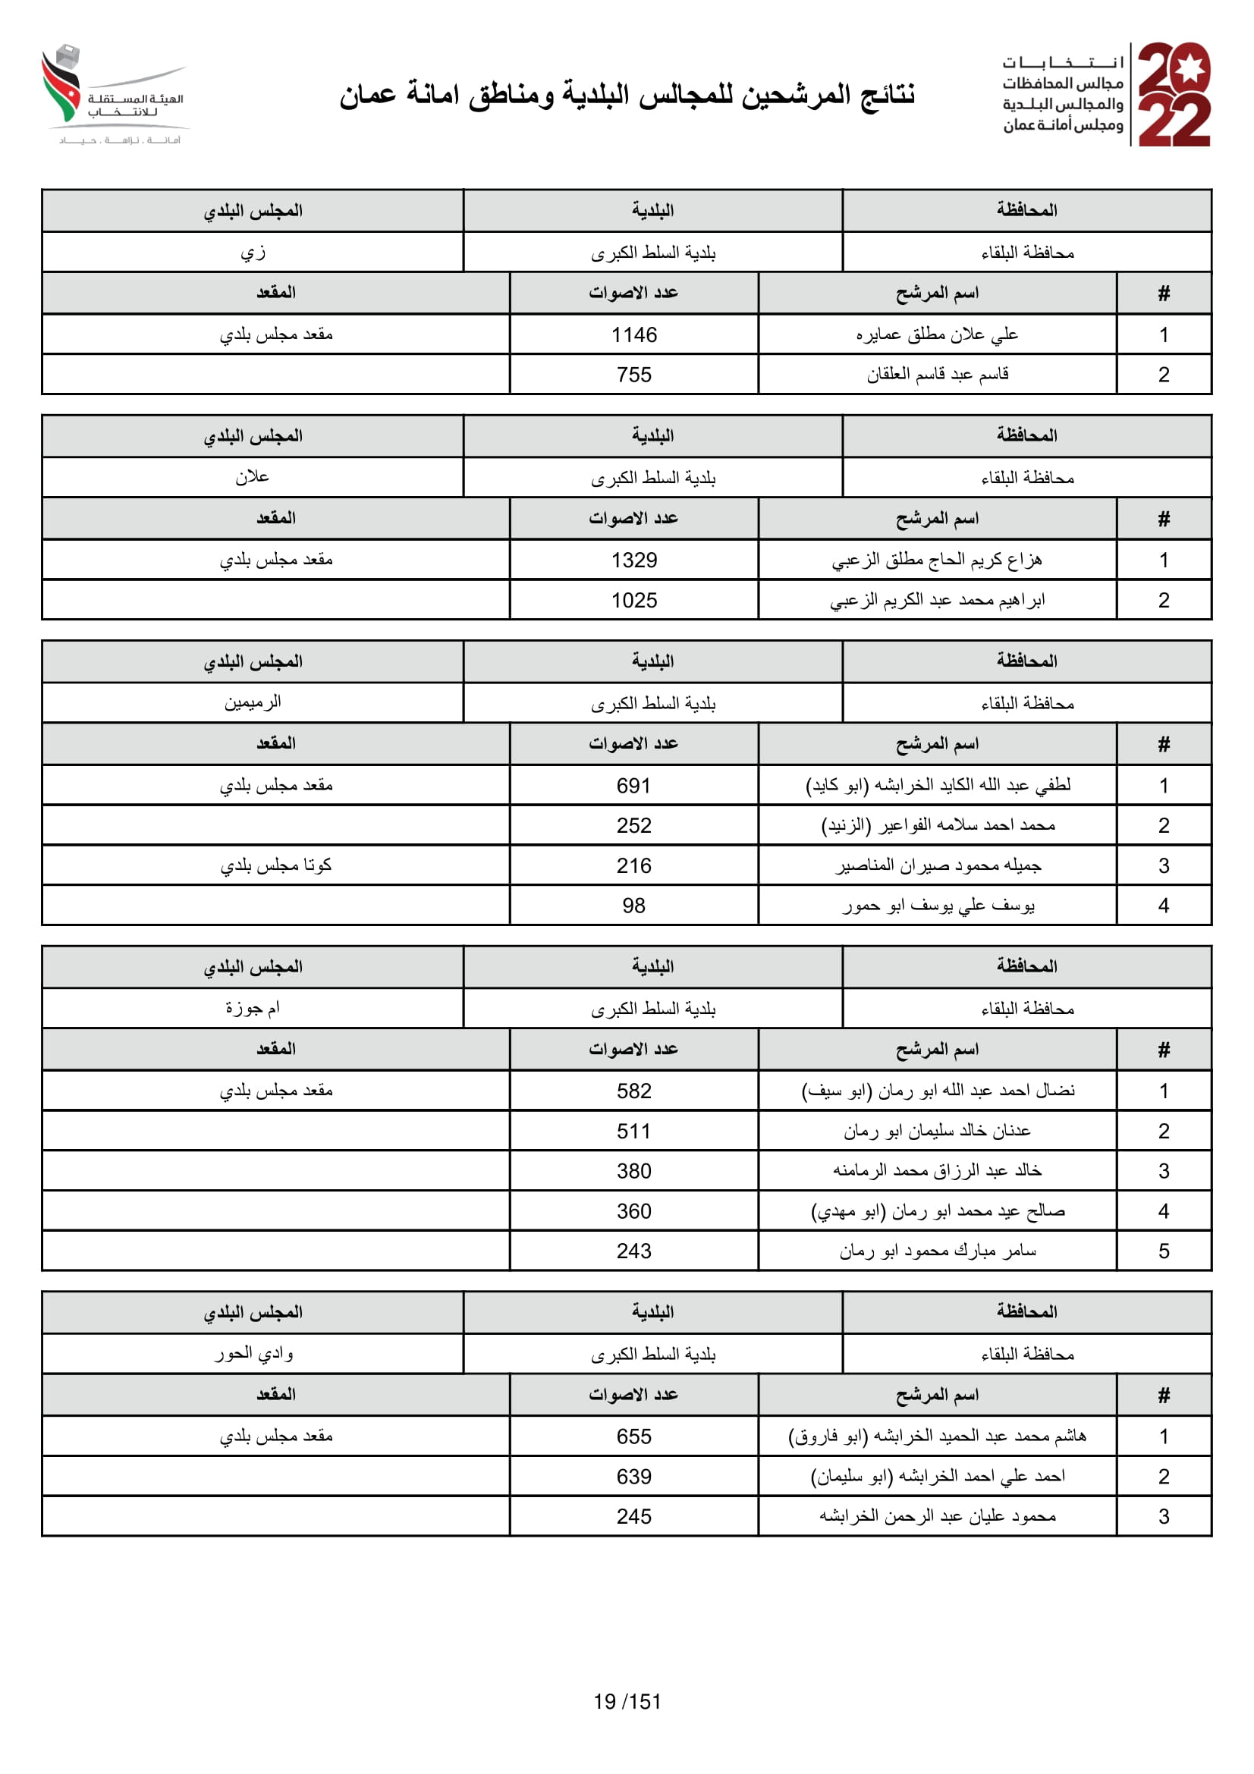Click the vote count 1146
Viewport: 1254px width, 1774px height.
point(633,334)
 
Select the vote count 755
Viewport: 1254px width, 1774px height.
point(633,375)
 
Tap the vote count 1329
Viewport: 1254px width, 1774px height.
point(633,560)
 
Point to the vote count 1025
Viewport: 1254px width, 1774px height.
point(633,601)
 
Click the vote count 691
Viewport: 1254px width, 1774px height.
point(633,786)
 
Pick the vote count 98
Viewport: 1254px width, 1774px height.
point(633,906)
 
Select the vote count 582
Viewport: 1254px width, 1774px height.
point(633,1091)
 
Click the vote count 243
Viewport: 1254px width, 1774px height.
point(633,1251)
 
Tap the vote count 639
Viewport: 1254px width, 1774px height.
point(633,1477)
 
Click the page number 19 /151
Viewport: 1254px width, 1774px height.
point(627,1701)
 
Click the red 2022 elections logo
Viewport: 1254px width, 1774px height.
point(1174,94)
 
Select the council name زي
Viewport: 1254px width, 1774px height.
point(253,253)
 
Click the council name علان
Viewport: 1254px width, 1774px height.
point(253,478)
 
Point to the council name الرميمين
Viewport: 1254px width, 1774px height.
point(253,703)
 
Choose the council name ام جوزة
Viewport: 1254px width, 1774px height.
point(253,1008)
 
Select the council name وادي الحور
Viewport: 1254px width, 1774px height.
point(253,1354)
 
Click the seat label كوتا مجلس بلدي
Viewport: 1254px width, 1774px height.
point(276,865)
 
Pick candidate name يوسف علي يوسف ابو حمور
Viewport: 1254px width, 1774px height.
point(938,906)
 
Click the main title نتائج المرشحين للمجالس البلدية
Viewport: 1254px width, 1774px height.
point(627,94)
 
